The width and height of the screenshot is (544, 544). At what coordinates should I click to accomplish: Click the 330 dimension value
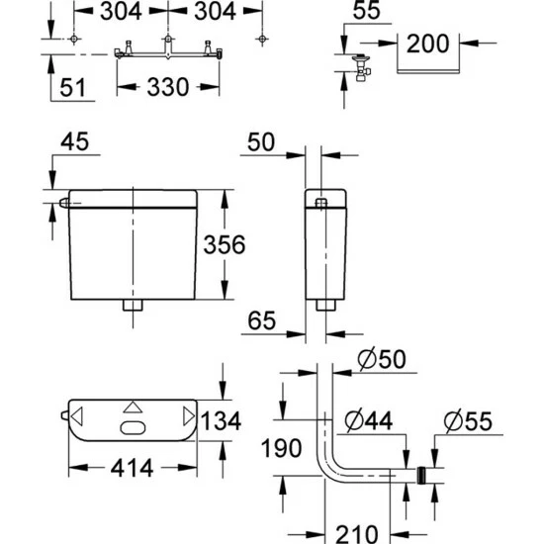pos(168,87)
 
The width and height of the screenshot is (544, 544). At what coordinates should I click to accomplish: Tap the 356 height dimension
pos(225,244)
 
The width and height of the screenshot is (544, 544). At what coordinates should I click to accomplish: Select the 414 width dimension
pos(132,468)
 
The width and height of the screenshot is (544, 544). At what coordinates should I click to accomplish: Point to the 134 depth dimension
pos(221,420)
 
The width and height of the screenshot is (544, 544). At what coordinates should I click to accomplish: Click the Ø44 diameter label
pos(369,420)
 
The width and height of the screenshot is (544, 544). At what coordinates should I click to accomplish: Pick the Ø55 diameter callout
pos(468,420)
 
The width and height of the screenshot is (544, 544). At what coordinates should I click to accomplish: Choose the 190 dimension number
pos(281,448)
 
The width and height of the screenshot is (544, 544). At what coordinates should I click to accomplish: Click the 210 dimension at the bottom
pos(357,534)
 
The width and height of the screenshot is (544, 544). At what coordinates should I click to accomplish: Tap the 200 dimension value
pos(427,44)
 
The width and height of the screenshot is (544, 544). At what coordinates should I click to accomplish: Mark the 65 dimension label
pos(261,320)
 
